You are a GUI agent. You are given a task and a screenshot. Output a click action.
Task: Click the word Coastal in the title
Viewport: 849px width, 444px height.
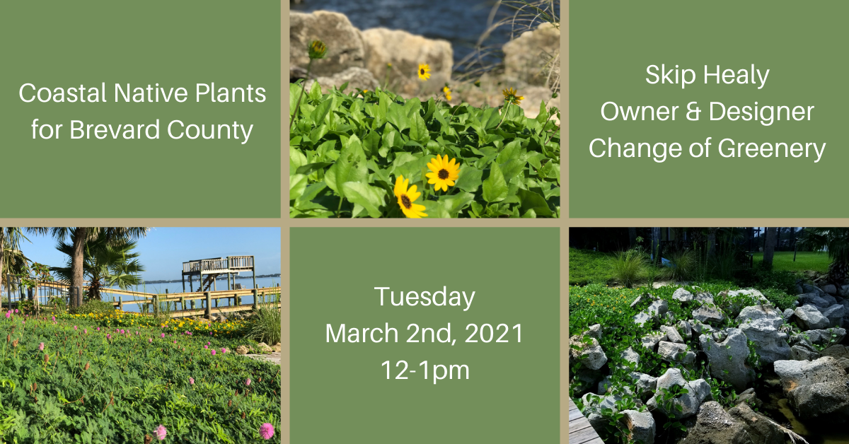(62, 93)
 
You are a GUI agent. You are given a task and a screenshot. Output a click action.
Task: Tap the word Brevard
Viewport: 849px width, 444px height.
(115, 130)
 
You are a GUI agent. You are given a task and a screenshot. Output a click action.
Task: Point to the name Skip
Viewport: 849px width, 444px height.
(670, 76)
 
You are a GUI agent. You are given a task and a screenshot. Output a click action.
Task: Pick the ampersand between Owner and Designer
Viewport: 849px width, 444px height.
(693, 112)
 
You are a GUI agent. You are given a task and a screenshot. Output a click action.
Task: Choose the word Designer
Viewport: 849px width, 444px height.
(761, 112)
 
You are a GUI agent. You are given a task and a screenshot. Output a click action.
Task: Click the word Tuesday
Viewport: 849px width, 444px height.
(424, 298)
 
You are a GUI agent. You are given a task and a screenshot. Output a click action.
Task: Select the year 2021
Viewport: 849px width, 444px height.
(494, 334)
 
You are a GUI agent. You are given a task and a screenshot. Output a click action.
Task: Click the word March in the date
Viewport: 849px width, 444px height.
(362, 334)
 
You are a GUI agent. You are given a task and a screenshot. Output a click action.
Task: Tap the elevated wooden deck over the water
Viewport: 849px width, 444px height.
(219, 265)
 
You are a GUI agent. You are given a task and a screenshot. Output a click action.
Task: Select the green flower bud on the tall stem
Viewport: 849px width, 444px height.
(317, 49)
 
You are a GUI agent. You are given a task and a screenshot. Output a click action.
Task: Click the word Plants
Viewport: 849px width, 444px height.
(231, 93)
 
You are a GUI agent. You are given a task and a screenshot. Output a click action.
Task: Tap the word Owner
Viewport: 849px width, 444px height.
(639, 112)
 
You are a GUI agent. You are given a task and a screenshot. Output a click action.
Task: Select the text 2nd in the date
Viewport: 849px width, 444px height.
(431, 334)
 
